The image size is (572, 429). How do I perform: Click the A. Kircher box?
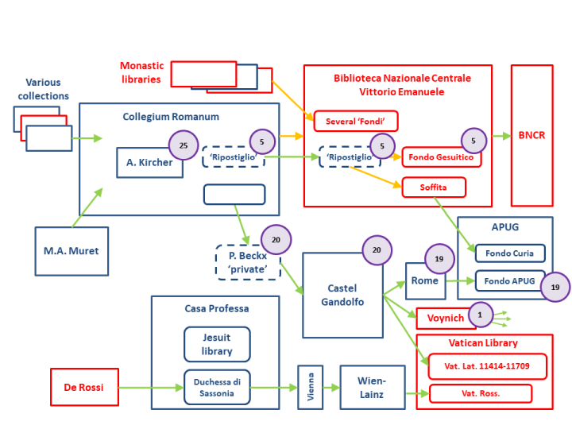149,163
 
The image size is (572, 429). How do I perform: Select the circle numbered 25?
184,145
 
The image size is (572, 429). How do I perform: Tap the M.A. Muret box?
71,251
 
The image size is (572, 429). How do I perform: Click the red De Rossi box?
84,388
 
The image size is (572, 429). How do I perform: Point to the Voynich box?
446,318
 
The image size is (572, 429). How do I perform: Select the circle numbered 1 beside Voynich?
480,315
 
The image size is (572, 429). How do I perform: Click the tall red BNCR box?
531,135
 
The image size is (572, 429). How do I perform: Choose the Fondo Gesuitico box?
442,157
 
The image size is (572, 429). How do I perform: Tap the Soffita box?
433,187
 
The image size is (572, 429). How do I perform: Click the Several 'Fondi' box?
355,121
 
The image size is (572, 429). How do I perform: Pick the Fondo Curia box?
510,253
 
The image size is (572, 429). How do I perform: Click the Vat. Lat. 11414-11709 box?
487,366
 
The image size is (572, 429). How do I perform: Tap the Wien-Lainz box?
372,388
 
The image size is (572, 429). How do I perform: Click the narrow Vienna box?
310,388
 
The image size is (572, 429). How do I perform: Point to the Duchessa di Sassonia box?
217,388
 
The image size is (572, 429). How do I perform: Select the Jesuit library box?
217,345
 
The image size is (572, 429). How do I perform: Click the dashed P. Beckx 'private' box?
248,262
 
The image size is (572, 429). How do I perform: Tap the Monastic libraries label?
141,72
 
